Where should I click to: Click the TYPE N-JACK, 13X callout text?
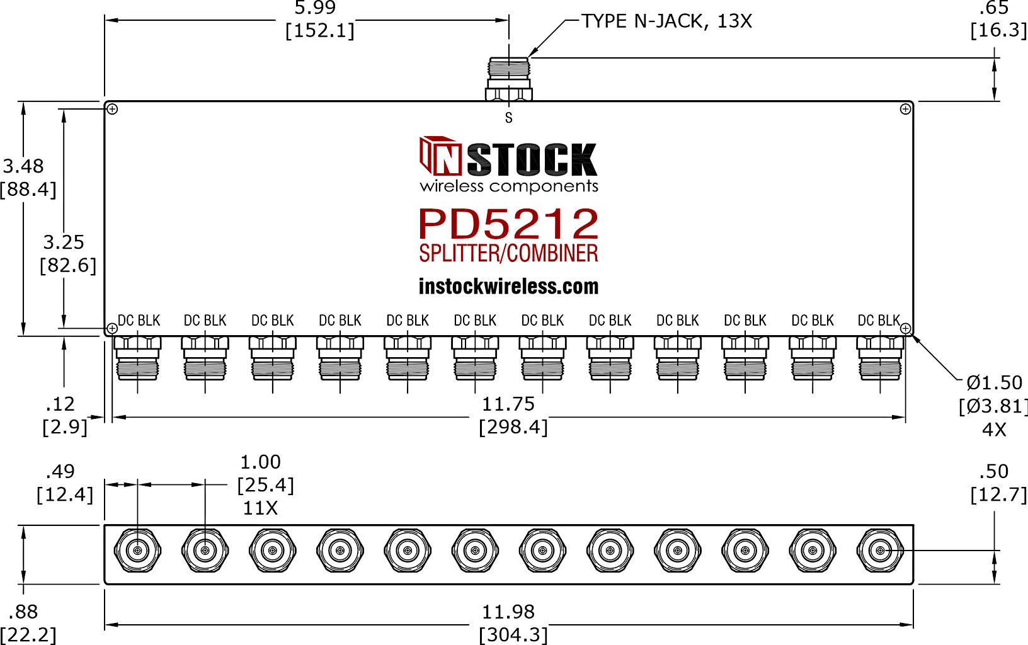point(667,21)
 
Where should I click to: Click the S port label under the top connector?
point(508,118)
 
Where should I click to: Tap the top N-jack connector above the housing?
point(508,79)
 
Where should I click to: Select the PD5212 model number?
point(508,224)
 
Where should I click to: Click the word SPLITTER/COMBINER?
point(508,253)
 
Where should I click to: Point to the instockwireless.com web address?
point(508,287)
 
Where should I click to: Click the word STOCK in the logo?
point(532,160)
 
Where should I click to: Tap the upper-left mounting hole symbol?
point(112,109)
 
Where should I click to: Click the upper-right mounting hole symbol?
point(905,109)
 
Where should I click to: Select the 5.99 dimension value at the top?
point(316,8)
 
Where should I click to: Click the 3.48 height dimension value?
point(23,166)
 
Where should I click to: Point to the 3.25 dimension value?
point(64,243)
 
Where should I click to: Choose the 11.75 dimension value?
point(508,404)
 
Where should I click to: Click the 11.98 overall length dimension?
point(508,612)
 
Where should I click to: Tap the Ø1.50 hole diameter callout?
point(995,382)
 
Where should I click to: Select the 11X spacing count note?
point(260,508)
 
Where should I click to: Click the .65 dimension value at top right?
point(994,8)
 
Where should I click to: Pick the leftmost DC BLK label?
point(139,321)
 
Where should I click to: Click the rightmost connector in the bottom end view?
point(880,551)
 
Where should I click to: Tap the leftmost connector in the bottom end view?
point(138,551)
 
